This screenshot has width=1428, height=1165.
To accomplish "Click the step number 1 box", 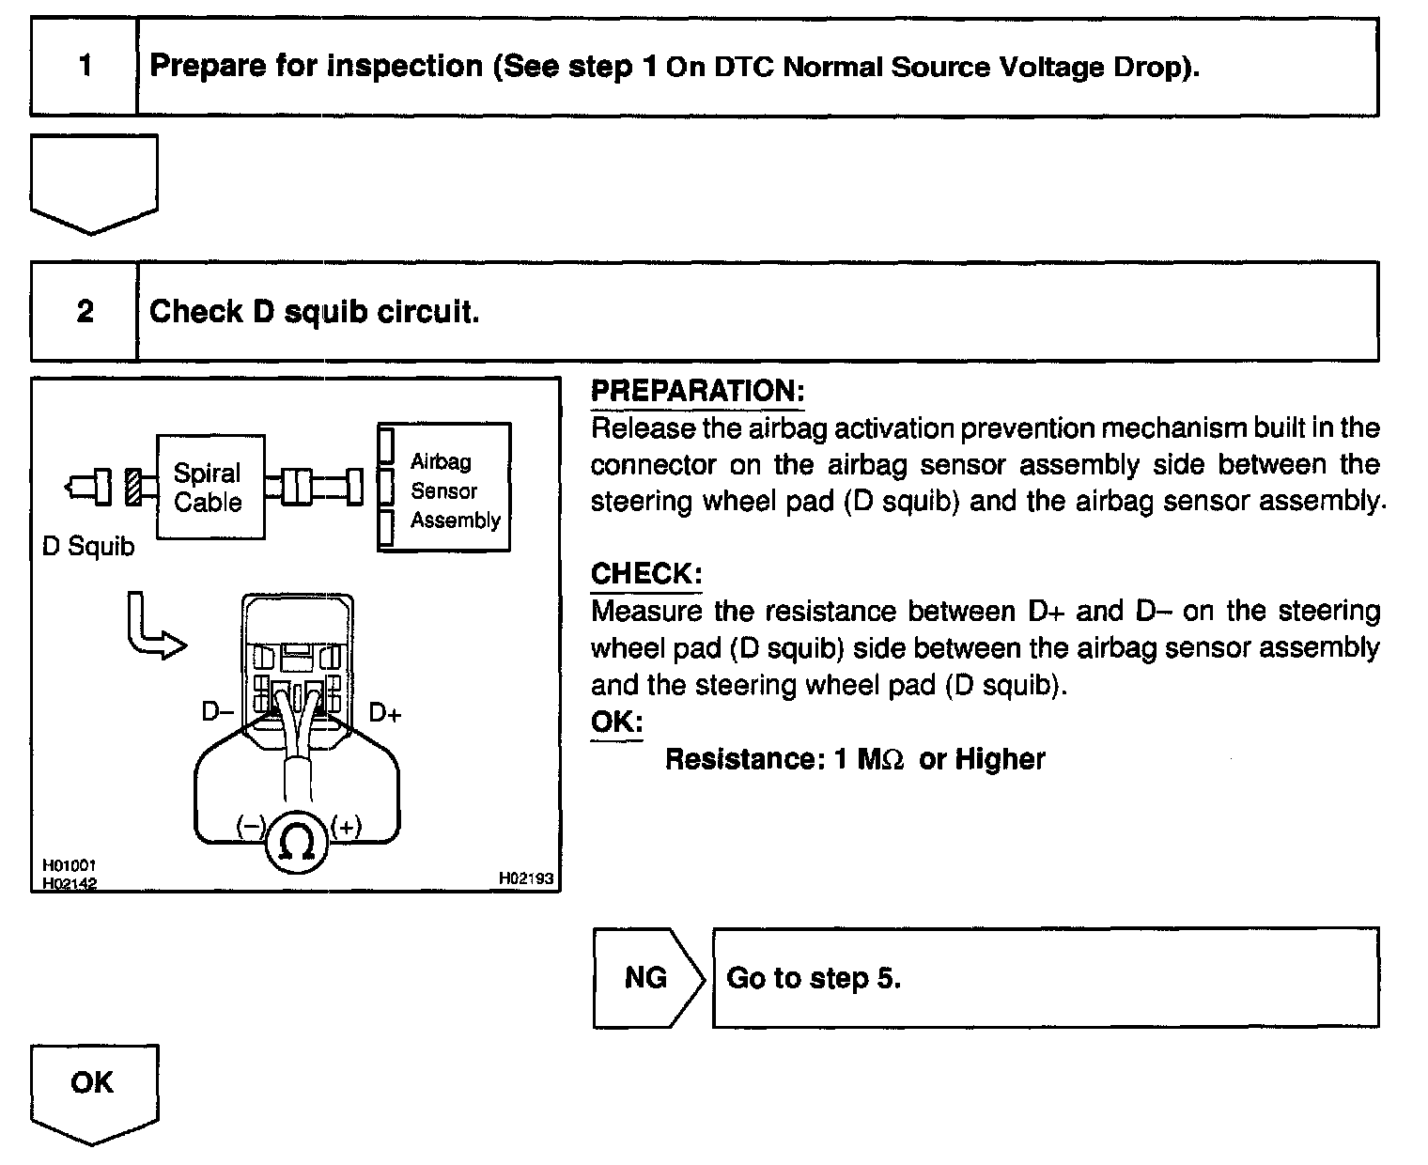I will click(85, 67).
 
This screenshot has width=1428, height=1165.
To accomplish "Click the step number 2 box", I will click(85, 312).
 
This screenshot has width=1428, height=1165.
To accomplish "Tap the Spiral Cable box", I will click(210, 487).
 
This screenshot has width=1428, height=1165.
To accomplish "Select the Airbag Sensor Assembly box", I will click(444, 488).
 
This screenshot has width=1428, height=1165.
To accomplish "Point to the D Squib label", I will click(88, 546).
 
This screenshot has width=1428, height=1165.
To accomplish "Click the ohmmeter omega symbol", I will click(298, 843).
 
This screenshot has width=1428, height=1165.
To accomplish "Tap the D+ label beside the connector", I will click(384, 713).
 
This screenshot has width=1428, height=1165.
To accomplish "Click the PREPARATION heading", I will click(697, 392).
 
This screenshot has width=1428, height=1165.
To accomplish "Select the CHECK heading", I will click(645, 573).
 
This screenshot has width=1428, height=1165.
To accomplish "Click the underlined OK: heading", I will click(616, 722).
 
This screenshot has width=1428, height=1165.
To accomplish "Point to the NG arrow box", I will click(647, 978).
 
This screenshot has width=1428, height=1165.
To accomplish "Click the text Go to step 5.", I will click(814, 978).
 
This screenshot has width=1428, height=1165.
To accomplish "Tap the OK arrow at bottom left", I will click(93, 1090).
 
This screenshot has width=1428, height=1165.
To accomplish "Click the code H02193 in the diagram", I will click(526, 878).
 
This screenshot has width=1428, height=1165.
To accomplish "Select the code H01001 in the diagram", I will click(70, 865).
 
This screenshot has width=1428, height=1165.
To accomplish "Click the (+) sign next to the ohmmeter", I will click(346, 827).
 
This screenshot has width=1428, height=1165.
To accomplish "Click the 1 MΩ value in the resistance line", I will click(868, 759).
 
